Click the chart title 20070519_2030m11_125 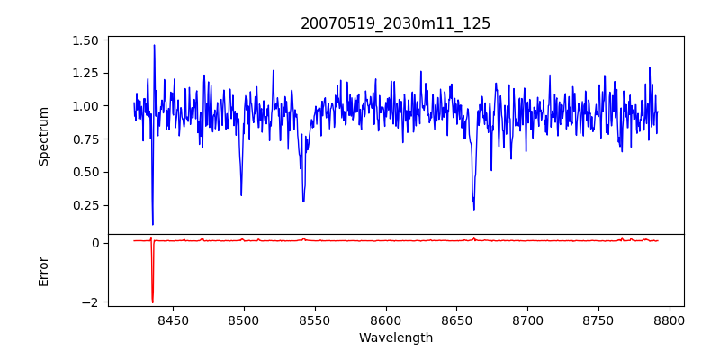pyautogui.click(x=395, y=23)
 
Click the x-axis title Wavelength pyautogui.click(x=395, y=338)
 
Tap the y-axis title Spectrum pyautogui.click(x=43, y=136)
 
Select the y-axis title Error pyautogui.click(x=43, y=271)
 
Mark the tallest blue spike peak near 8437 pyautogui.click(x=154, y=45)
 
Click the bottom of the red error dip pyautogui.click(x=153, y=302)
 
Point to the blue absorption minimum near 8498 pyautogui.click(x=241, y=195)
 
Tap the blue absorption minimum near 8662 pyautogui.click(x=474, y=210)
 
